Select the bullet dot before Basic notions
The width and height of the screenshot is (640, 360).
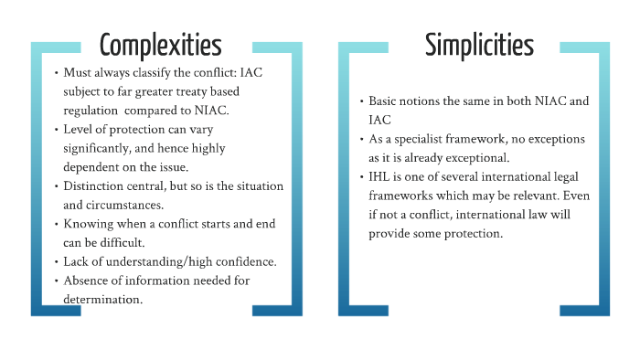pos(360,101)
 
